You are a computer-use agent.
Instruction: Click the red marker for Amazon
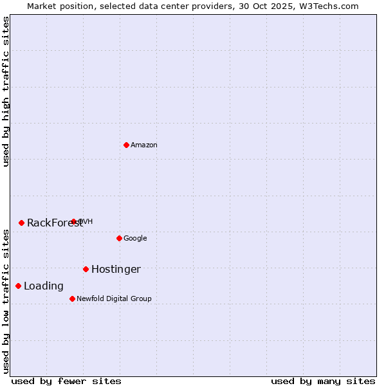coord(126,145)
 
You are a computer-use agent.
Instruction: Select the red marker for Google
coord(119,238)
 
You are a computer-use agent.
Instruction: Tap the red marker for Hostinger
coord(86,269)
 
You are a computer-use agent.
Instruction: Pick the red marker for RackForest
coord(21,223)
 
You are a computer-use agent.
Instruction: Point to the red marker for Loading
coord(18,286)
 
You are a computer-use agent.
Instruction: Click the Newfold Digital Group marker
coord(72,299)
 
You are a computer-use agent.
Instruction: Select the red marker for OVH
coord(74,221)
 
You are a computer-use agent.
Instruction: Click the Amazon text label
coord(144,145)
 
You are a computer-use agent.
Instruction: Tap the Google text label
coord(135,239)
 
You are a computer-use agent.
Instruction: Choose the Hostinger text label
coord(116,270)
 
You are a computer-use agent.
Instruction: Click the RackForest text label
coord(55,223)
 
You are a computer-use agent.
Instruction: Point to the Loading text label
coord(44,286)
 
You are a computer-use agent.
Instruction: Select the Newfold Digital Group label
coord(114,299)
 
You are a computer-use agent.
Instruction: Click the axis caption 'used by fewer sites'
coord(66,381)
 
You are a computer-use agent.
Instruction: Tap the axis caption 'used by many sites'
coord(323,381)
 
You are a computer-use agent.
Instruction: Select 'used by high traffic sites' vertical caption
coord(6,91)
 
